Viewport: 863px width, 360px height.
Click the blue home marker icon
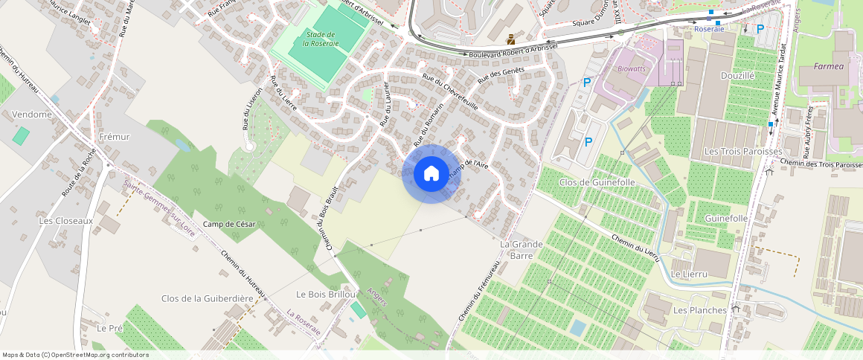(x=431, y=174)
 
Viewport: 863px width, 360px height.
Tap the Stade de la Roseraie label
(x=321, y=39)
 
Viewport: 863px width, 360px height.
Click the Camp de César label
(x=229, y=225)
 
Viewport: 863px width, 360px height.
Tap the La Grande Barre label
(x=521, y=249)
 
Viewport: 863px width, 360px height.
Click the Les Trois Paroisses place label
(x=742, y=151)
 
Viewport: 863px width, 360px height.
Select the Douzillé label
(x=737, y=75)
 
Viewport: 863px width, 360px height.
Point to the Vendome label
(x=32, y=115)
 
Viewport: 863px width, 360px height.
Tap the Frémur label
(x=114, y=137)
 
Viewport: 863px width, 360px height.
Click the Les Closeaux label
(x=66, y=221)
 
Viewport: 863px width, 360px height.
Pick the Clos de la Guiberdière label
(x=202, y=298)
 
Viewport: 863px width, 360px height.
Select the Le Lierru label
(x=688, y=274)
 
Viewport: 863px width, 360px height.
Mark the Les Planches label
(x=699, y=309)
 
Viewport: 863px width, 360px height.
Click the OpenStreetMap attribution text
(x=75, y=355)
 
